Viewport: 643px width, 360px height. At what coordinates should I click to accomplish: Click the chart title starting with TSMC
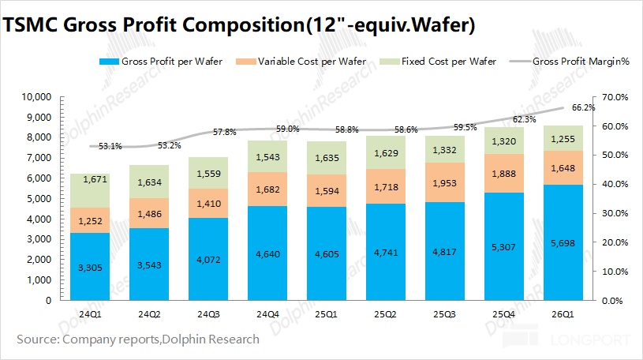(240, 25)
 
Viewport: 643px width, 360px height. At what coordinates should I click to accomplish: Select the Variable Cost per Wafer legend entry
(312, 62)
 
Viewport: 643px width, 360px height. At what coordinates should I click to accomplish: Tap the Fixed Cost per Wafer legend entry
(449, 62)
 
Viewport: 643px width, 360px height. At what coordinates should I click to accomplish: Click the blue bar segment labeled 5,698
(562, 242)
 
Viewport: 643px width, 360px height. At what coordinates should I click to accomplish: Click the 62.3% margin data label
(524, 120)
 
